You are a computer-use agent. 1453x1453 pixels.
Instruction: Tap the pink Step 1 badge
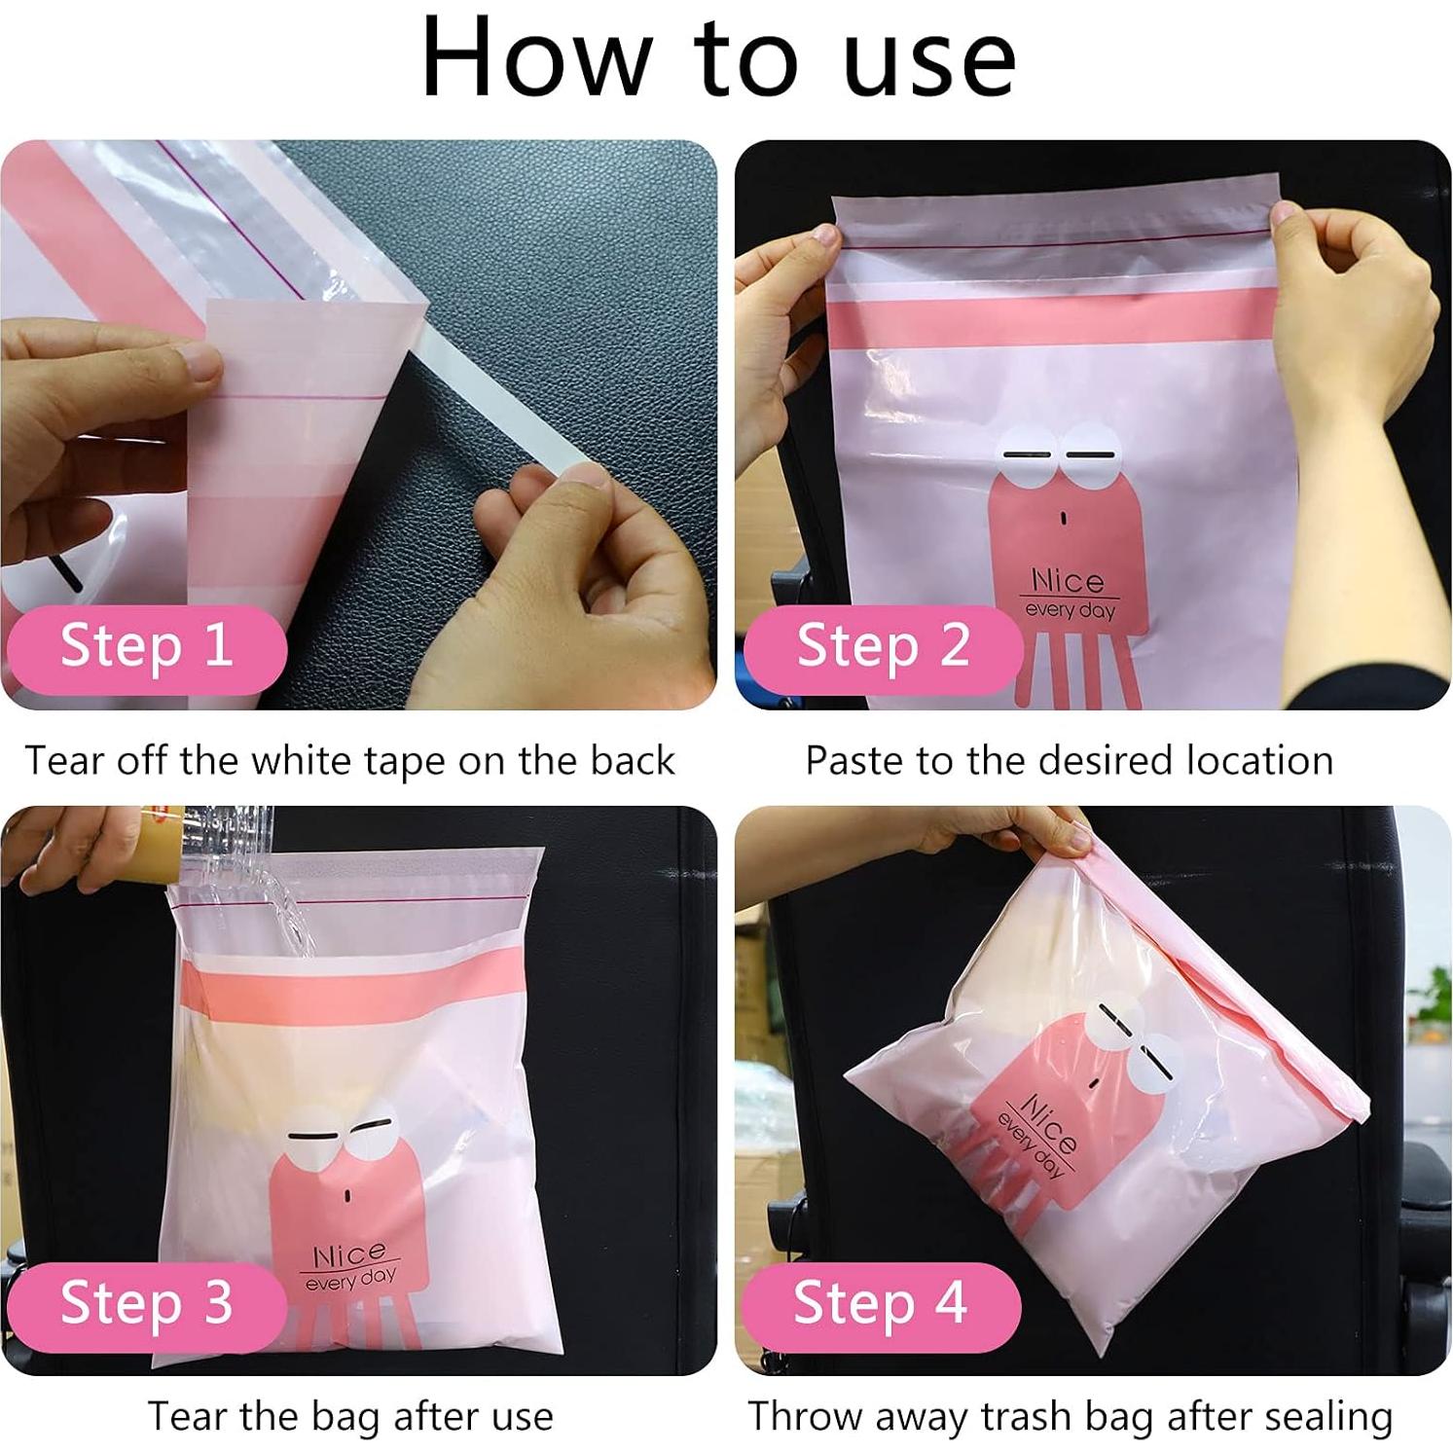(146, 646)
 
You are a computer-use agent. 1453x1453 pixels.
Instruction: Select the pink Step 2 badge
(882, 646)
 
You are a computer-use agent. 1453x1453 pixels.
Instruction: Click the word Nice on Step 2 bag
(1068, 581)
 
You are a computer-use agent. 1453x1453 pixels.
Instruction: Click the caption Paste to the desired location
(1069, 760)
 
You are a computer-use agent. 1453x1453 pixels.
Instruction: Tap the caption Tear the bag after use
(350, 1416)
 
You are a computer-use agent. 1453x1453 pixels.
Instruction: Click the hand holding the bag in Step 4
(1012, 832)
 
